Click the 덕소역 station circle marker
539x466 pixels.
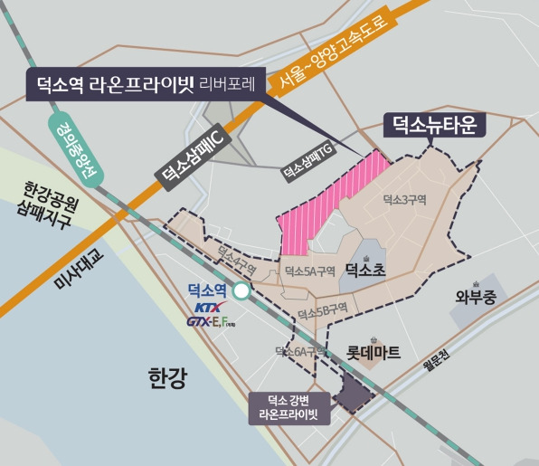[x=241, y=291]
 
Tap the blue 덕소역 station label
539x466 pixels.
[x=205, y=290]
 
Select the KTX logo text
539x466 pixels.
[x=207, y=308]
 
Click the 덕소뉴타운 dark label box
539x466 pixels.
[x=435, y=123]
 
